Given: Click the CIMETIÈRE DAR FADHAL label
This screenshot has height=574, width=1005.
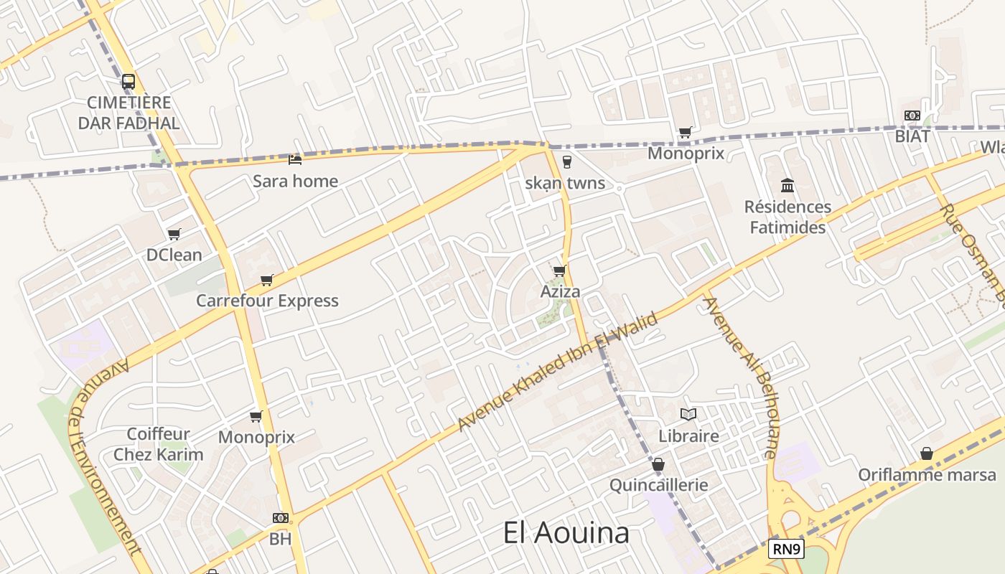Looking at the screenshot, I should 128,113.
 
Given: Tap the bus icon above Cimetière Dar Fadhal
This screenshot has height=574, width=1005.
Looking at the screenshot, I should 128,82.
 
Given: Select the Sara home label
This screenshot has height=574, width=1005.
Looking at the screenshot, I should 295,181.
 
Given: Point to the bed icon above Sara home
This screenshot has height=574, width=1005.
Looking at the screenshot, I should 295,159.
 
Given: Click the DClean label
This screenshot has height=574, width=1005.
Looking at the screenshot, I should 174,255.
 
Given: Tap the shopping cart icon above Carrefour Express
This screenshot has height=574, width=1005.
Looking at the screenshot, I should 267,280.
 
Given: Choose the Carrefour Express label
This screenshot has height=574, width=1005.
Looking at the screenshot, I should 267,301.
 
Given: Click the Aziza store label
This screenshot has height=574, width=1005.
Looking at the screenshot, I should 560,292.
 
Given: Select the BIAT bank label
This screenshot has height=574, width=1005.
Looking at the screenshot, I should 912,136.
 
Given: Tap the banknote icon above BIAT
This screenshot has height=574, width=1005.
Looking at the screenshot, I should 912,116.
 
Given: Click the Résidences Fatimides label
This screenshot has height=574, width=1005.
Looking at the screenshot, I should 787,217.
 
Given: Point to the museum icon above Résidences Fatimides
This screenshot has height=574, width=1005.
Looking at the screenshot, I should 787,186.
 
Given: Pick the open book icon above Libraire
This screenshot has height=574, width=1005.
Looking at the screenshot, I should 688,415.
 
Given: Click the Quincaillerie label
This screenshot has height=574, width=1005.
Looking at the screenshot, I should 658,485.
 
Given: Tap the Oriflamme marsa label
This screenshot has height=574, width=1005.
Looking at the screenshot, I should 927,475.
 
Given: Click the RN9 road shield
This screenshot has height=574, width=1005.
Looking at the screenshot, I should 786,550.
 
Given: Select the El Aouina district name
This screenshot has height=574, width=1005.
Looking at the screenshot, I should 566,533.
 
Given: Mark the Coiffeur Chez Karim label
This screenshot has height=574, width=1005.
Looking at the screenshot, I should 158,444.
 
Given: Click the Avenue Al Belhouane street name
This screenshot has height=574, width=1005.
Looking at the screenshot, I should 740,377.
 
